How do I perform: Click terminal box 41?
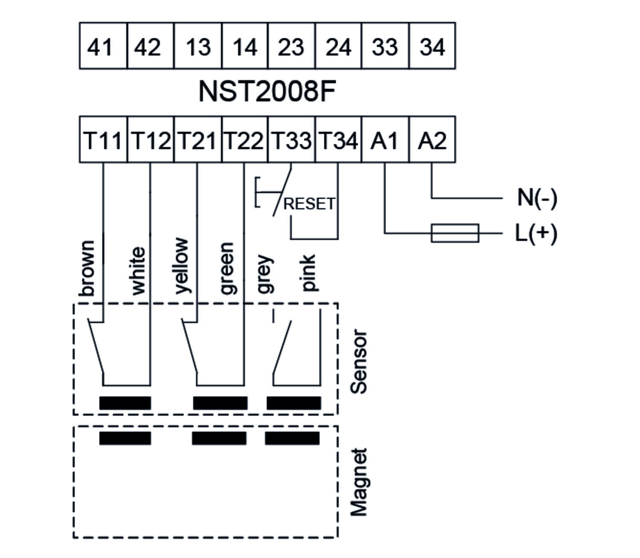pyautogui.click(x=103, y=46)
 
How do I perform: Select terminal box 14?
pyautogui.click(x=245, y=46)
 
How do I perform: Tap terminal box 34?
pyautogui.click(x=432, y=46)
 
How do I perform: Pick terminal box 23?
pyautogui.click(x=291, y=46)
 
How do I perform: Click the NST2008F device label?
pyautogui.click(x=267, y=91)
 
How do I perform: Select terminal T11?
pyautogui.click(x=103, y=140)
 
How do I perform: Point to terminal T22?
pyautogui.click(x=244, y=140)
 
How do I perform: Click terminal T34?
pyautogui.click(x=338, y=140)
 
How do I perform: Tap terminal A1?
pyautogui.click(x=385, y=140)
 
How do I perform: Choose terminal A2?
pyautogui.click(x=432, y=140)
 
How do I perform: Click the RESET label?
pyautogui.click(x=309, y=204)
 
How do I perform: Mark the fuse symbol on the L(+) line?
pyautogui.click(x=455, y=233)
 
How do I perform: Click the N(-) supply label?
pyautogui.click(x=537, y=198)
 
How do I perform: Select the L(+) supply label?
pyautogui.click(x=536, y=233)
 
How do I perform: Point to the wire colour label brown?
pyautogui.click(x=87, y=268)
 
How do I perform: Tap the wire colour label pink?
pyautogui.click(x=308, y=273)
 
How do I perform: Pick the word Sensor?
pyautogui.click(x=358, y=362)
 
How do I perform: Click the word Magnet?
pyautogui.click(x=358, y=482)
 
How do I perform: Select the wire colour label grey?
pyautogui.click(x=264, y=274)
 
